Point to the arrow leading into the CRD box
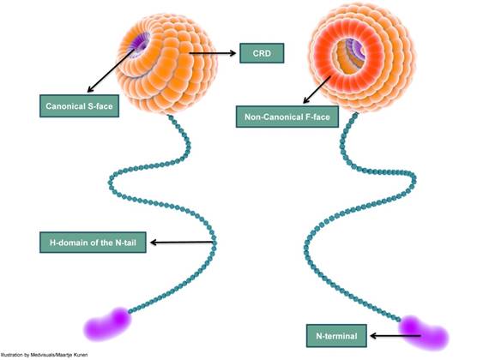pyautogui.click(x=214, y=53)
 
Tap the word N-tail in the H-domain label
pyautogui.click(x=128, y=243)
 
